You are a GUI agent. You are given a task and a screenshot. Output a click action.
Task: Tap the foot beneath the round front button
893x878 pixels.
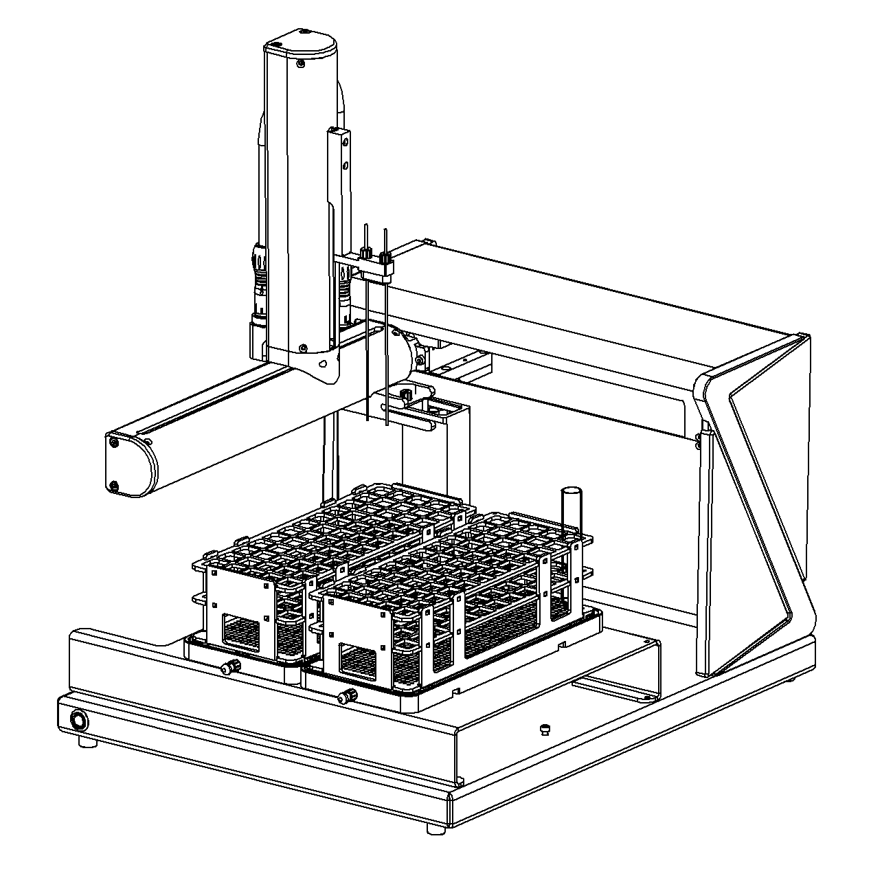point(86,742)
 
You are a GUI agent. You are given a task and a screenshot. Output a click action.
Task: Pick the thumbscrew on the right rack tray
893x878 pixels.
point(347,696)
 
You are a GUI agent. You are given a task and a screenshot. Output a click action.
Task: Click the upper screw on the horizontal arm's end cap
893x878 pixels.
point(114,443)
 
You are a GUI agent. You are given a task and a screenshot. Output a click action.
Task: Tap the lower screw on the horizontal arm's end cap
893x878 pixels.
point(114,486)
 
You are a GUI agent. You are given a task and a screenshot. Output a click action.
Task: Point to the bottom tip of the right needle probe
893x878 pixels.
point(389,425)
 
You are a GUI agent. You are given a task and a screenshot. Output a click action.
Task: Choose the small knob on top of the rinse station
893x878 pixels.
point(405,394)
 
